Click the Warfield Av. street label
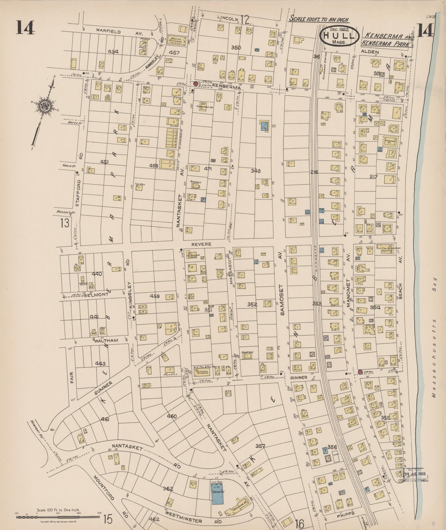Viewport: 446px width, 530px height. pos(108,32)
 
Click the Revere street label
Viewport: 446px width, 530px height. pos(201,244)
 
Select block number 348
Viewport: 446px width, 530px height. pos(256,171)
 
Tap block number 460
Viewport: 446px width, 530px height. pos(172,416)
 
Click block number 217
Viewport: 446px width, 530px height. pos(373,176)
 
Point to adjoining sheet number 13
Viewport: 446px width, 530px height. pos(65,223)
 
